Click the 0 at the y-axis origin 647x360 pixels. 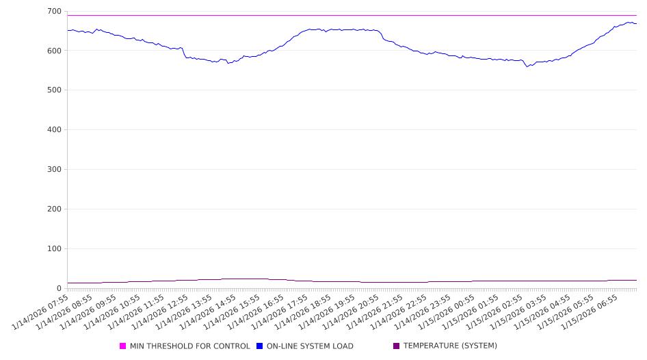click(60, 288)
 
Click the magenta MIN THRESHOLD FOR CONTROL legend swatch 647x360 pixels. click(123, 346)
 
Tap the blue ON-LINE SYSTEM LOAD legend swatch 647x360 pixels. click(260, 346)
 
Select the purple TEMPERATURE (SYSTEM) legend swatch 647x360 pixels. click(397, 346)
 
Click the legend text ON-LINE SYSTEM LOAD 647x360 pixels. click(310, 346)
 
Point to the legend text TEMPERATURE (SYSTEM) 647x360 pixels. click(450, 346)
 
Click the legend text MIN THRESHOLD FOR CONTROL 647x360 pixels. click(190, 346)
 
